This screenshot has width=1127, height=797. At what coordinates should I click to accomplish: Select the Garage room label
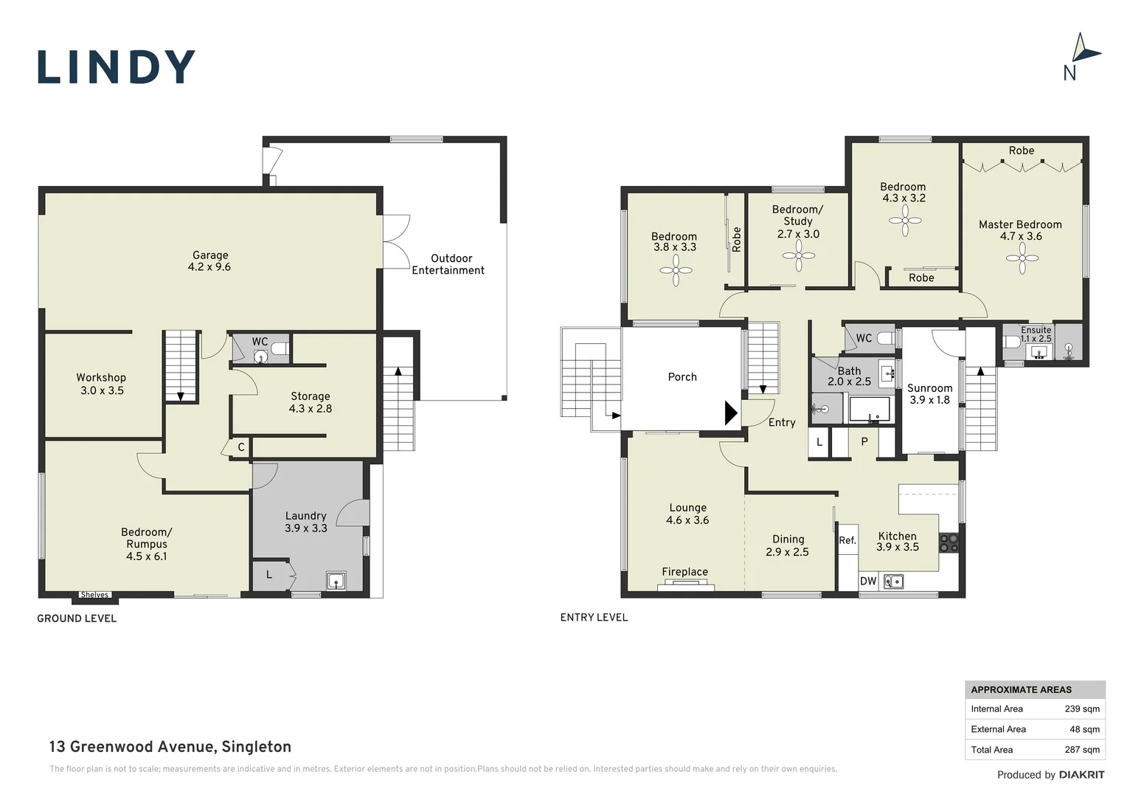pyautogui.click(x=209, y=261)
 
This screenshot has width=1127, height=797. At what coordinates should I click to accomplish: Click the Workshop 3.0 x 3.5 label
pyautogui.click(x=102, y=384)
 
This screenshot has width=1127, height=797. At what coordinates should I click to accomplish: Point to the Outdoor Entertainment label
pyautogui.click(x=448, y=264)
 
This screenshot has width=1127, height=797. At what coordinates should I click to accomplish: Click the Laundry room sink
pyautogui.click(x=336, y=581)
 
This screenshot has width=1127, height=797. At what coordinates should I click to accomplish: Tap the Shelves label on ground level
pyautogui.click(x=94, y=595)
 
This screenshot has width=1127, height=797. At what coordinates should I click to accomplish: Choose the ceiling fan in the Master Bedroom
pyautogui.click(x=1022, y=258)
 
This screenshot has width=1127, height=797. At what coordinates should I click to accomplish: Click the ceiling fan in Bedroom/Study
pyautogui.click(x=799, y=256)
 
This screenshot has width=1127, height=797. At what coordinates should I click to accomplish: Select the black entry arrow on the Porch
pyautogui.click(x=731, y=413)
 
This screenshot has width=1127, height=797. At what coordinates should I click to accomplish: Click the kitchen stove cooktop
pyautogui.click(x=949, y=542)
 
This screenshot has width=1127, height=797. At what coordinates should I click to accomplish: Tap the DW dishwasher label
pyautogui.click(x=868, y=581)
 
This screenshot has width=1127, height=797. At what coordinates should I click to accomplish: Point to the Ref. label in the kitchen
pyautogui.click(x=847, y=540)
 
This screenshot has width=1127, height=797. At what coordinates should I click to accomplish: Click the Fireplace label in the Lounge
pyautogui.click(x=684, y=571)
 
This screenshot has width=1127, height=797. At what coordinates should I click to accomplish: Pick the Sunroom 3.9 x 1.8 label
pyautogui.click(x=930, y=394)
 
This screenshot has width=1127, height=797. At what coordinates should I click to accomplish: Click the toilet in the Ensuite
pyautogui.click(x=1011, y=342)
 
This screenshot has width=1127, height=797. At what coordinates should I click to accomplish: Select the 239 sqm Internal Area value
pyautogui.click(x=1082, y=709)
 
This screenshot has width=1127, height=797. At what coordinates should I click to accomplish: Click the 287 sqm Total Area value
pyautogui.click(x=1082, y=750)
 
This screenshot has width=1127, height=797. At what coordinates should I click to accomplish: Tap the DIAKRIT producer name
pyautogui.click(x=1082, y=775)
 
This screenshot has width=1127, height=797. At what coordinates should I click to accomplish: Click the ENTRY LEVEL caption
pyautogui.click(x=594, y=617)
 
